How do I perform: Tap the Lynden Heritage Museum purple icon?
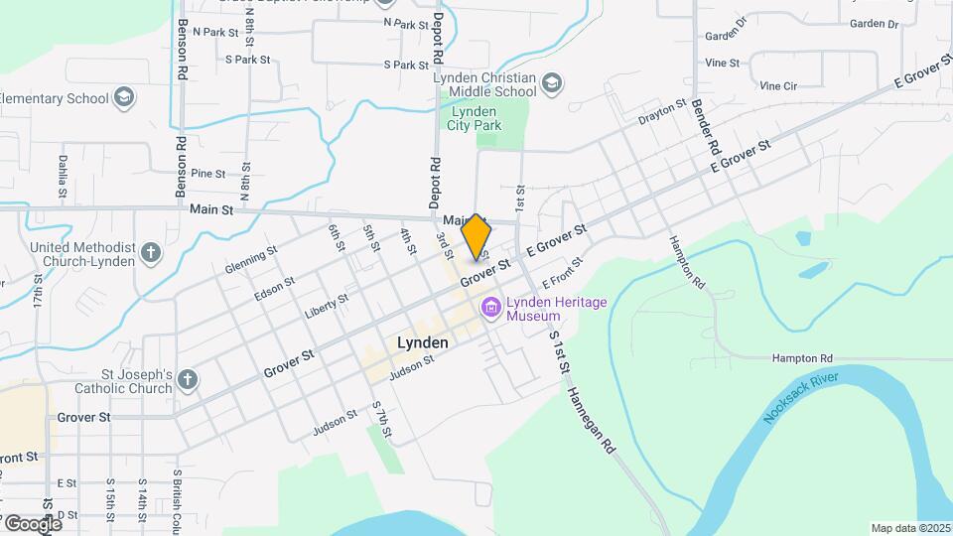(489, 309)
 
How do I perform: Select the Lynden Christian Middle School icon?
(552, 84)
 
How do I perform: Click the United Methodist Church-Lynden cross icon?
(151, 253)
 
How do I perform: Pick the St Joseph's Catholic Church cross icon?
(189, 381)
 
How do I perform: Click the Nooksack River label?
(801, 397)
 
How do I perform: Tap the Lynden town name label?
(422, 342)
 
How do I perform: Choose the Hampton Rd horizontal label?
(803, 357)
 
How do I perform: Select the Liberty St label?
(327, 304)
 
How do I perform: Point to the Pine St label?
(208, 173)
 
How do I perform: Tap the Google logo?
(32, 523)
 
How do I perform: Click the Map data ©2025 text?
(909, 528)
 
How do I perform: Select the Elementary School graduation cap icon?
(123, 98)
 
